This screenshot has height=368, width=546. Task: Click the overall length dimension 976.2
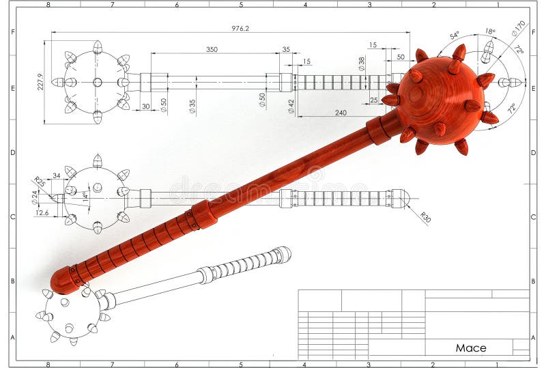(x=240, y=28)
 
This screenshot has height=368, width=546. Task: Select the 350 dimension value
(x=212, y=49)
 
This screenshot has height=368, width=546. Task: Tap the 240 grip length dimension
(x=341, y=113)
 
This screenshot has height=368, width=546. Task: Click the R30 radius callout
(x=425, y=218)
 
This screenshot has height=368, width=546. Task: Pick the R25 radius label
(x=39, y=182)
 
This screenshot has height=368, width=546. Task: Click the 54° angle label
(x=455, y=36)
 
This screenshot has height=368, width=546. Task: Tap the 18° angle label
(x=490, y=31)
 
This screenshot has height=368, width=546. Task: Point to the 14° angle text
(x=86, y=197)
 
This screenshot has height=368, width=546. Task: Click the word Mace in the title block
(x=471, y=348)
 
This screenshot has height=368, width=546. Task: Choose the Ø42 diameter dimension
(x=291, y=106)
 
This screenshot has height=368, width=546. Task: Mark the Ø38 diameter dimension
(x=361, y=63)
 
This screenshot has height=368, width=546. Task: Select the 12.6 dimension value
(x=41, y=212)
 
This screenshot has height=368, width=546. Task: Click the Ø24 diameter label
(x=35, y=197)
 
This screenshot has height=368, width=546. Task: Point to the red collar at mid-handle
(x=203, y=214)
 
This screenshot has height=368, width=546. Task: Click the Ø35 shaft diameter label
(x=192, y=106)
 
